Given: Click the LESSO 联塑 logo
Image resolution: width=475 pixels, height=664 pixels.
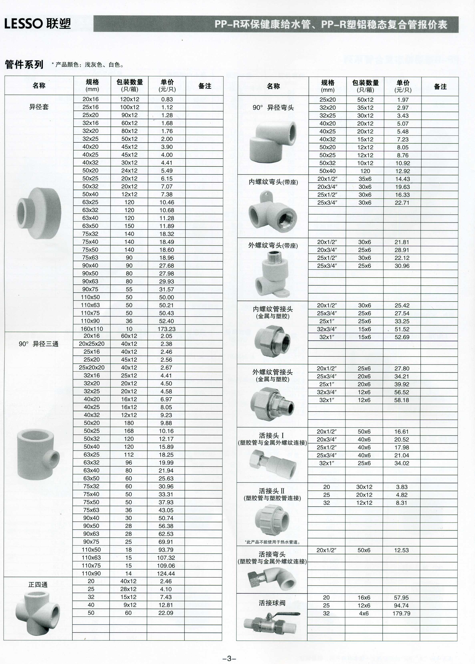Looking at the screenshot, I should coord(37,23).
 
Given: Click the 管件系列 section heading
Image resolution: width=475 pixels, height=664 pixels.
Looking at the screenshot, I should coord(24,64).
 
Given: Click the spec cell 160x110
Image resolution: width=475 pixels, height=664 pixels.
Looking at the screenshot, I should coord(91,329).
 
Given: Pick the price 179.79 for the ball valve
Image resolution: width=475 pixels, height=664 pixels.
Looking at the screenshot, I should coord(401,613).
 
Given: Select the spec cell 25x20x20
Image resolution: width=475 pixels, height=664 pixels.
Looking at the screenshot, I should coord(91,368).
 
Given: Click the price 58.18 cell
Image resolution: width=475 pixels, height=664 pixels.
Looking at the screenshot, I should coord(401,400).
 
